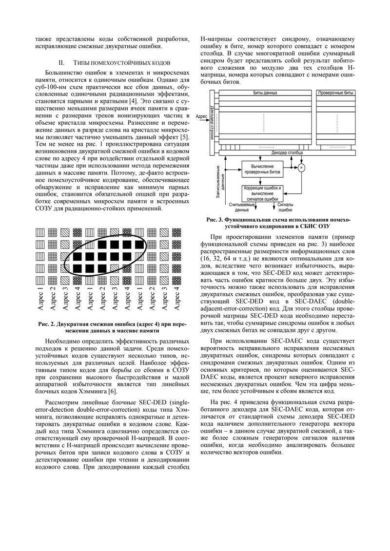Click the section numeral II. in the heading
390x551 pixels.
(x=61, y=63)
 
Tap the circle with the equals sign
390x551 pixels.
(x=301, y=168)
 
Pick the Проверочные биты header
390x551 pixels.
(x=334, y=92)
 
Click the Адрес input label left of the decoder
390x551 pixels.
(x=200, y=116)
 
